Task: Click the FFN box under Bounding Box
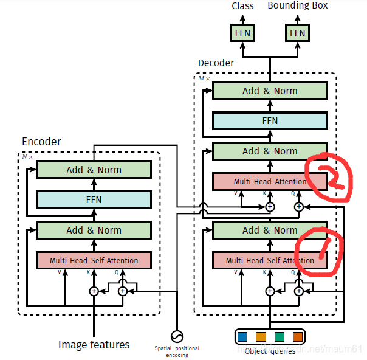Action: pyautogui.click(x=297, y=32)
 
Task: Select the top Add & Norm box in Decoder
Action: pyautogui.click(x=270, y=91)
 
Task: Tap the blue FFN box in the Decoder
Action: pyautogui.click(x=270, y=120)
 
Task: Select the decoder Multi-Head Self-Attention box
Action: pyautogui.click(x=270, y=260)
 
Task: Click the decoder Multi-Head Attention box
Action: pyautogui.click(x=270, y=181)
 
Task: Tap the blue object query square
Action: pyautogui.click(x=243, y=336)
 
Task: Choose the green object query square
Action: pyautogui.click(x=280, y=336)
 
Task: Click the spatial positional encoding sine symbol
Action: pyautogui.click(x=177, y=336)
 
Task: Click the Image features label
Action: pyautogui.click(x=94, y=345)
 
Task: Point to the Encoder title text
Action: pyautogui.click(x=41, y=142)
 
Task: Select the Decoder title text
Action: pyautogui.click(x=216, y=63)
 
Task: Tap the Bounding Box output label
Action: pyautogui.click(x=298, y=5)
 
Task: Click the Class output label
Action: pyautogui.click(x=242, y=6)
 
